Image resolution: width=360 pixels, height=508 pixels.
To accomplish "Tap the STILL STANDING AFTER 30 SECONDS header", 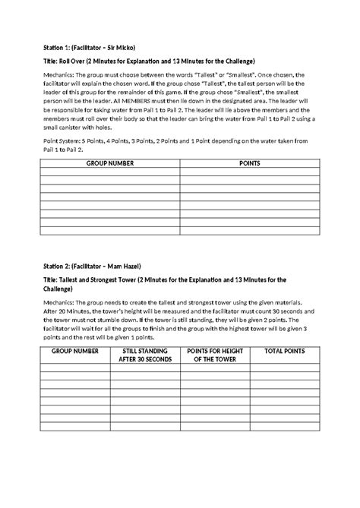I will coord(145,355).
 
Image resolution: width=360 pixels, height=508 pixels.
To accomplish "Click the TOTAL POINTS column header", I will coord(283,351).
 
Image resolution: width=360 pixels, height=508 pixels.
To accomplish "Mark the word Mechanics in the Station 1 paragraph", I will coord(59,75).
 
